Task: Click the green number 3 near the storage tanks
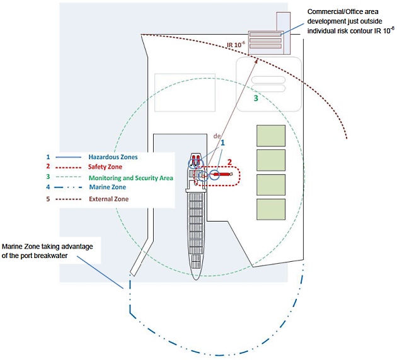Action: [256, 99]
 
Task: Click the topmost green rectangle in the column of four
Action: [271, 135]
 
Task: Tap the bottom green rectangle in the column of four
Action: [271, 210]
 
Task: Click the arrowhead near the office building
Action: [257, 60]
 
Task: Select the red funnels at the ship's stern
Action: [196, 158]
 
